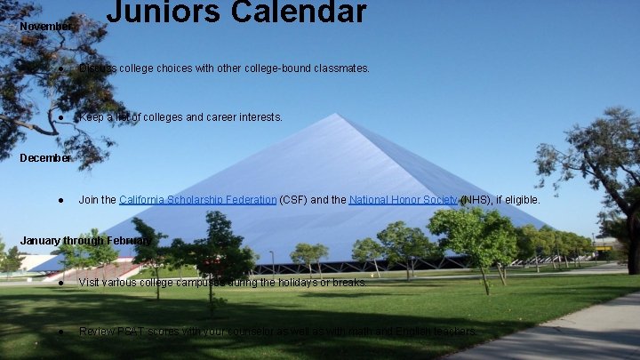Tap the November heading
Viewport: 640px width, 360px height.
pyautogui.click(x=45, y=27)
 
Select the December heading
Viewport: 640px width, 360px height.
pyautogui.click(x=45, y=158)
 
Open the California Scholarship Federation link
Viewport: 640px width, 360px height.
pyautogui.click(x=197, y=200)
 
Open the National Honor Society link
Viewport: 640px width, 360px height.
pyautogui.click(x=403, y=200)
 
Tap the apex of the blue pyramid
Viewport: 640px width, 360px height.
pyautogui.click(x=336, y=115)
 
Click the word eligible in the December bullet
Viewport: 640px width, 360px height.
pyautogui.click(x=520, y=200)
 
